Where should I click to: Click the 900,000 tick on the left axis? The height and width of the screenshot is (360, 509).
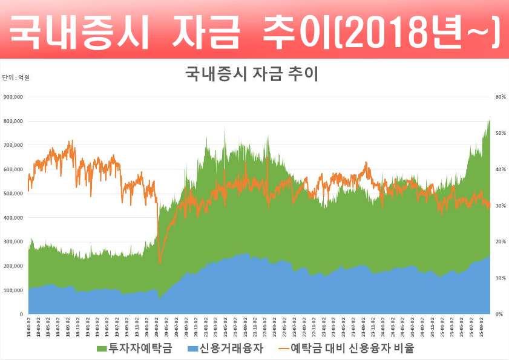click(13, 97)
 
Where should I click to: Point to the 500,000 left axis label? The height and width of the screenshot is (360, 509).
click(13, 194)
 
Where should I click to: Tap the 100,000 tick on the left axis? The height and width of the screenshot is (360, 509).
click(13, 290)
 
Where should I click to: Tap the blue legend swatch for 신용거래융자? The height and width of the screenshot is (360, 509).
click(192, 349)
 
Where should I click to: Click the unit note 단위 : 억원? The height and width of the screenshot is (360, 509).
click(16, 77)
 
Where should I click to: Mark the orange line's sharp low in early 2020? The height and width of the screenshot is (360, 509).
click(160, 263)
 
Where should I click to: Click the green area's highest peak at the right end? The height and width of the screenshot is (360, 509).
click(489, 120)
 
